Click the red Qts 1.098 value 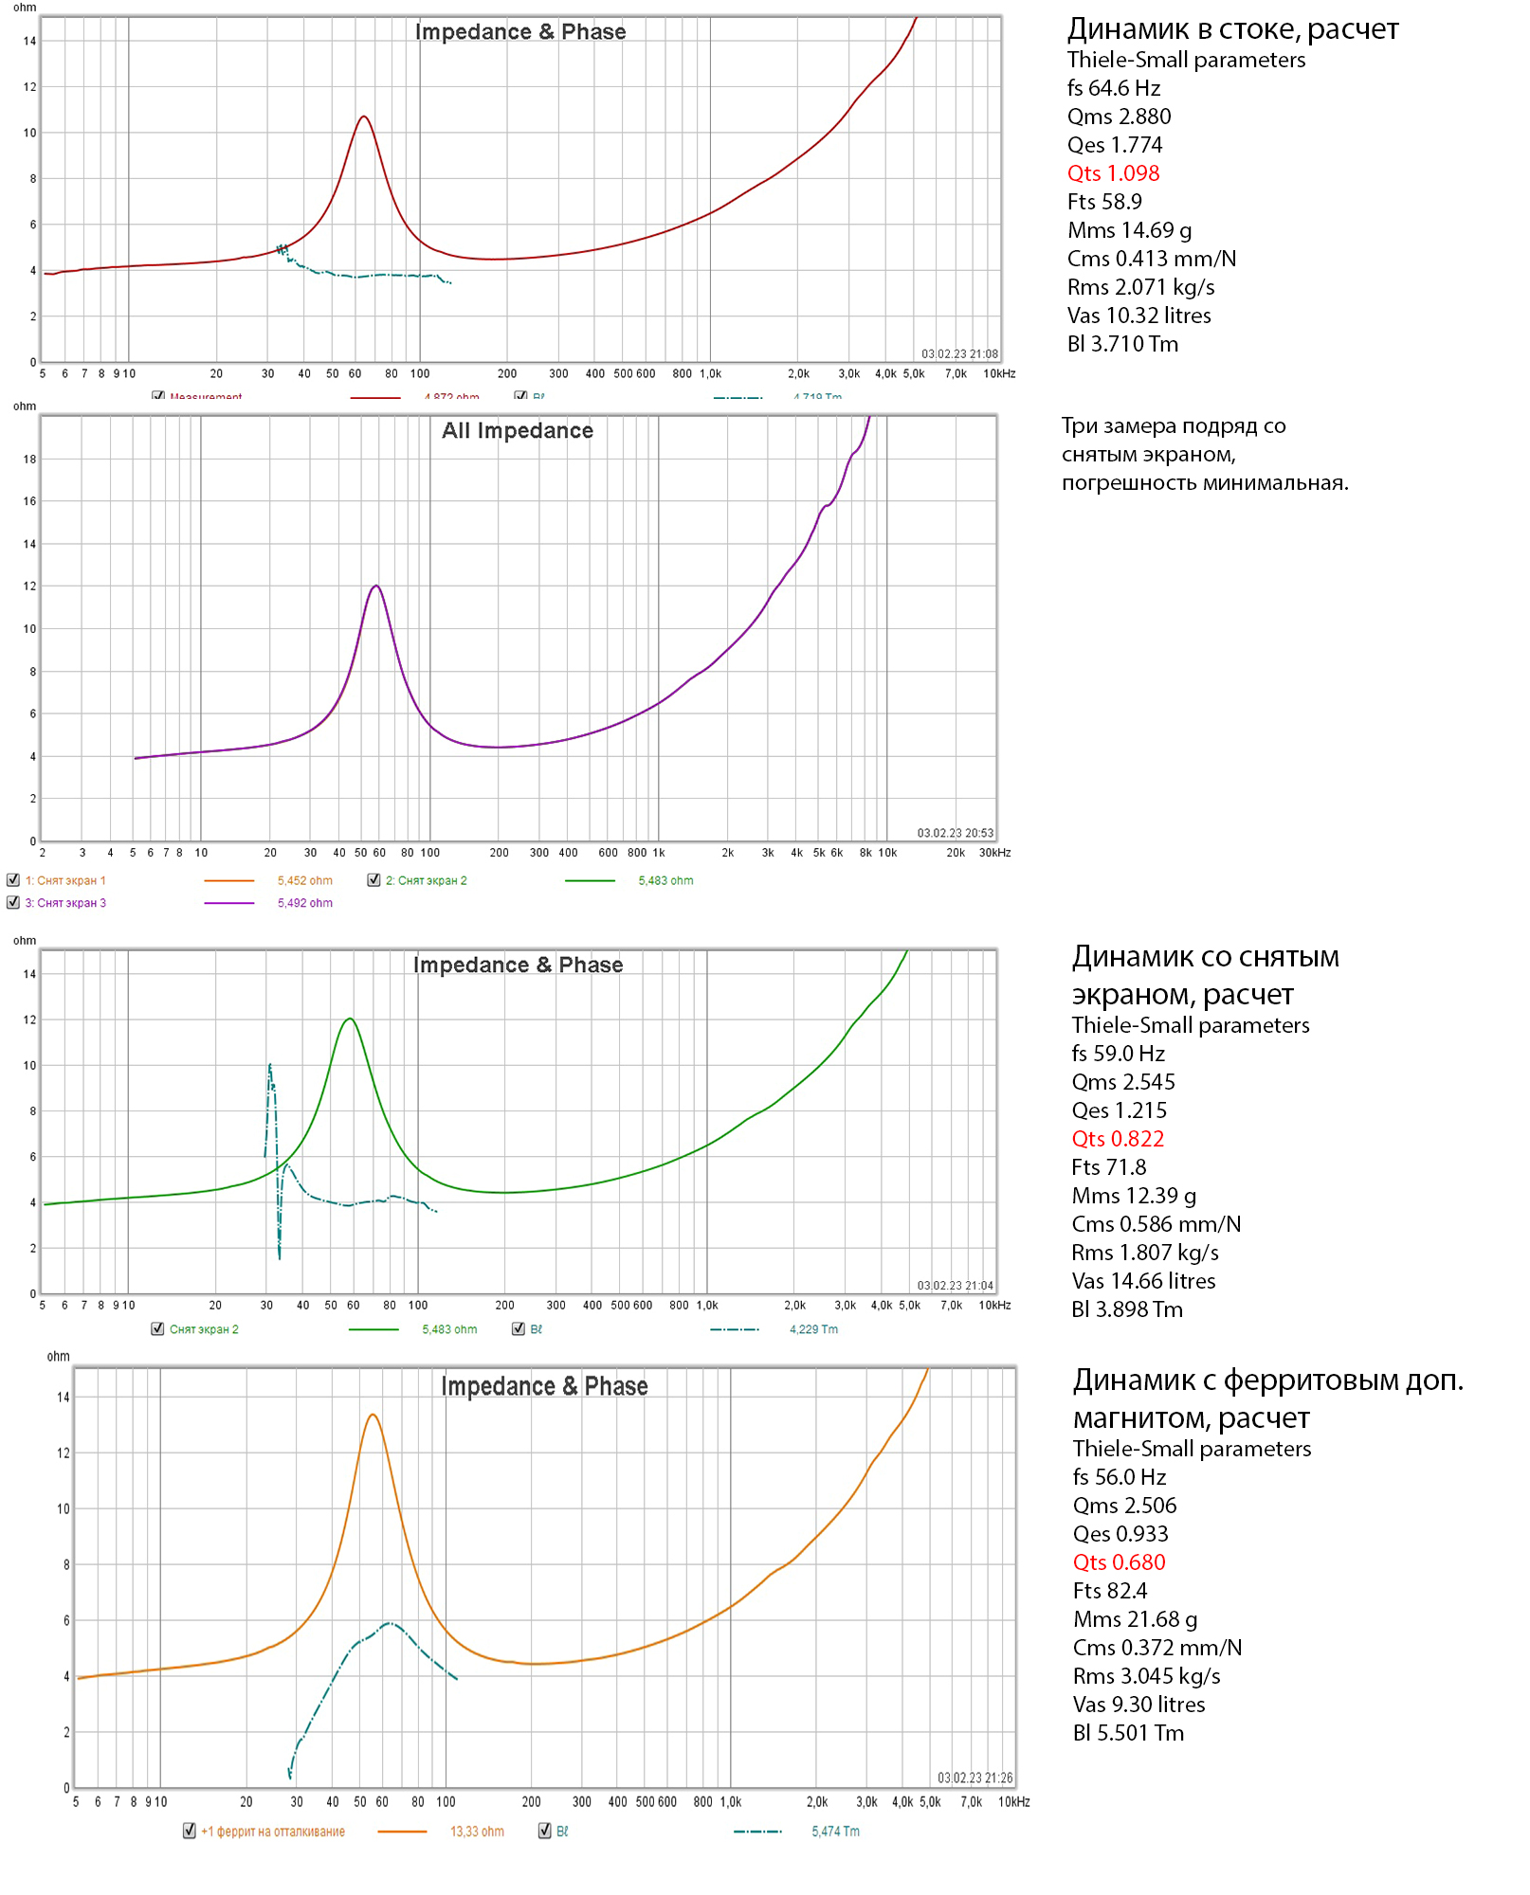pos(1113,173)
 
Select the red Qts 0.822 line pos(1118,1139)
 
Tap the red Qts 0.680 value pos(1119,1562)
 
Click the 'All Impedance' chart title pos(517,431)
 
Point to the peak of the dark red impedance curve pos(363,117)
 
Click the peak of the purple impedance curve pos(376,586)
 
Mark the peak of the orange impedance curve pos(373,1415)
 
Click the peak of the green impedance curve pos(351,1019)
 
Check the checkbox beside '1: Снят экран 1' pos(13,880)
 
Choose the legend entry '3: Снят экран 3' pos(65,903)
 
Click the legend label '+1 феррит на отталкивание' pos(272,1832)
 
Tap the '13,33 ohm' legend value pos(477,1832)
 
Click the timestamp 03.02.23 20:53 pos(955,833)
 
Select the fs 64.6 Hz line pos(1113,88)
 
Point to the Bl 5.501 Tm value pos(1128,1733)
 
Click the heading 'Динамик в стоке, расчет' pos(1231,29)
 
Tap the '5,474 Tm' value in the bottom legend pos(835,1832)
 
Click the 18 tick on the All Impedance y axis pos(29,460)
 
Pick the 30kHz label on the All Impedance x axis pos(994,853)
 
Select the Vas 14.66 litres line pos(1143,1281)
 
